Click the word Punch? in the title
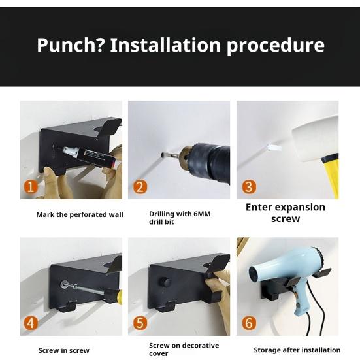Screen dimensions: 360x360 (x=70, y=45)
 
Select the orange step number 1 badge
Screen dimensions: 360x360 (x=31, y=187)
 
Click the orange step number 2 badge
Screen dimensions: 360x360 (x=140, y=188)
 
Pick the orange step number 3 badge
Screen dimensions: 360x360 (x=248, y=188)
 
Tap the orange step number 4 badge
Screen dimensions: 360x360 (x=31, y=323)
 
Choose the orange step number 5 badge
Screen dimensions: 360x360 (x=140, y=323)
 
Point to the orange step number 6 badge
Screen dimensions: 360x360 (x=248, y=323)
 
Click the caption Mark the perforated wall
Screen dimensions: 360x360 (x=80, y=214)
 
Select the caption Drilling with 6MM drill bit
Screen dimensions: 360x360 (x=180, y=218)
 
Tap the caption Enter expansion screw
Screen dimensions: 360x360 (x=285, y=212)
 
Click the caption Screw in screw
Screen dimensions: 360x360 (x=64, y=350)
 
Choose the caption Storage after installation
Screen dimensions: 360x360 (x=297, y=350)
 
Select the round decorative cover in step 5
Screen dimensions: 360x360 (x=166, y=282)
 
